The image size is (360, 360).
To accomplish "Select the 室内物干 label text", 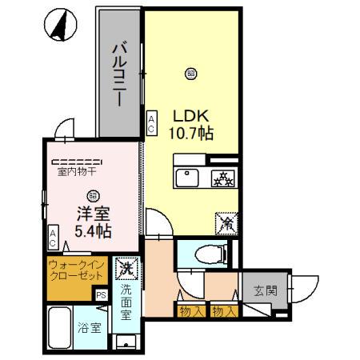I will [77, 170].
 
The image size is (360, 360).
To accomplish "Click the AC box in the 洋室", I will [53, 238].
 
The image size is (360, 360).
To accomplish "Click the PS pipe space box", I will [102, 294].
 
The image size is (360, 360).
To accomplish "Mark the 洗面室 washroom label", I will [127, 302].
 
